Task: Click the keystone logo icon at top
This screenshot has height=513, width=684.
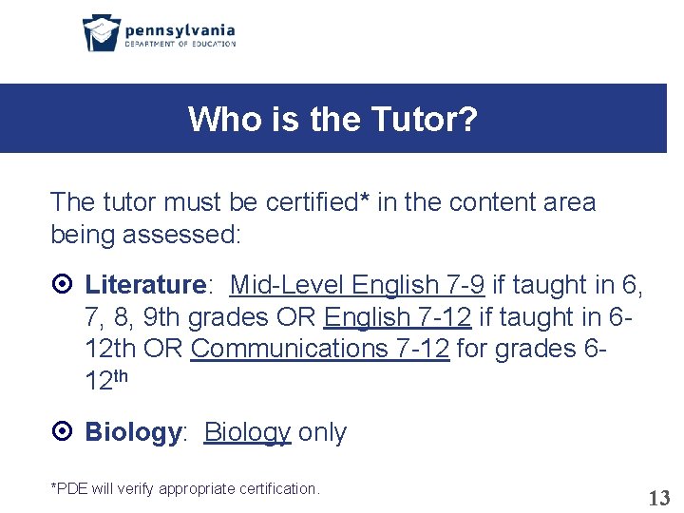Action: [101, 32]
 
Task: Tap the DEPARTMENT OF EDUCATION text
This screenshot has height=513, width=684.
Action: [180, 44]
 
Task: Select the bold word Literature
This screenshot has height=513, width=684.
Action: [145, 284]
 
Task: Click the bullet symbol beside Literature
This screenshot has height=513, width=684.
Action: [60, 285]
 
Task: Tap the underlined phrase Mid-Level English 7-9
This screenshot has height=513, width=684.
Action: [357, 284]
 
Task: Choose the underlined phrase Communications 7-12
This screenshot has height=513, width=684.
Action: [319, 349]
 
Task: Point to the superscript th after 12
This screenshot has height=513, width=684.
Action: [121, 375]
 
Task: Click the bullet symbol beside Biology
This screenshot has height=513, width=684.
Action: [60, 432]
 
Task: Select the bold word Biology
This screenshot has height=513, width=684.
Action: [132, 432]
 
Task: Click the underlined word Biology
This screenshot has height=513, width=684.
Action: [247, 432]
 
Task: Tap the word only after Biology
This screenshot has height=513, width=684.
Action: [323, 432]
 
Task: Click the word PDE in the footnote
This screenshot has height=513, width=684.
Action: [71, 488]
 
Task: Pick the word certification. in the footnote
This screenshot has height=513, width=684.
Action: [276, 488]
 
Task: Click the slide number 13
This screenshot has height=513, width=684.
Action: [658, 497]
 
